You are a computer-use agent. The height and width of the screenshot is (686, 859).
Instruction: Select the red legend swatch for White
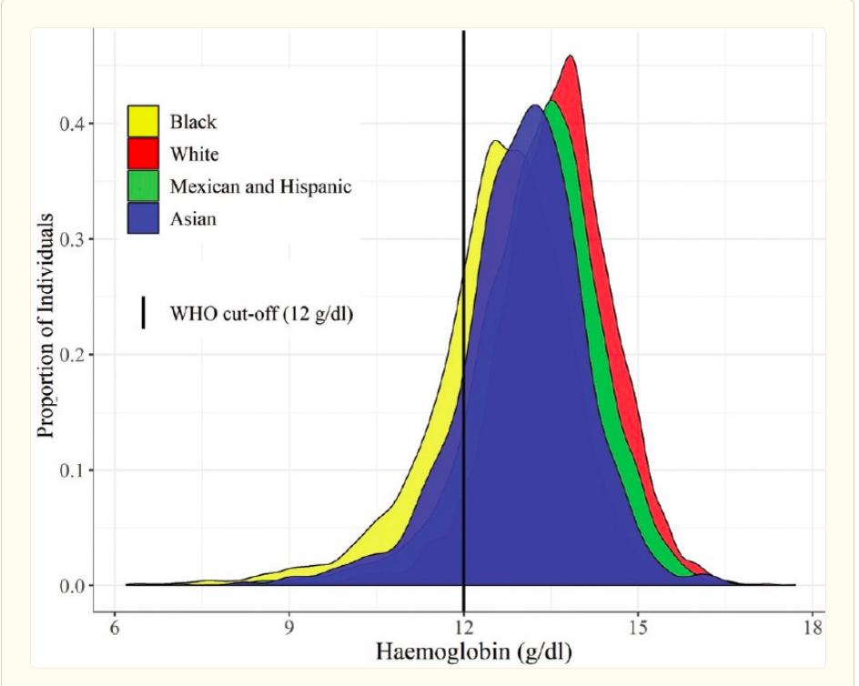143,154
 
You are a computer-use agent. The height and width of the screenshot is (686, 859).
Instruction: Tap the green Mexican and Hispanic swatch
143,187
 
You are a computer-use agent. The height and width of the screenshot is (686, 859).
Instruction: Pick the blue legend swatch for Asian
143,218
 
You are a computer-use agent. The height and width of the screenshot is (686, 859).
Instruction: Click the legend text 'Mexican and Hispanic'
260,187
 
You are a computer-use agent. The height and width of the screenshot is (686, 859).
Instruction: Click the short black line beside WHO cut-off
144,312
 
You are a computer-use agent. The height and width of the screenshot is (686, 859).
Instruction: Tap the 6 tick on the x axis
115,628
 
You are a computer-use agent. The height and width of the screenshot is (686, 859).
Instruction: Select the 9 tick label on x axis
289,628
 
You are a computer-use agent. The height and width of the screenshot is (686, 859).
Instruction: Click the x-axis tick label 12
464,628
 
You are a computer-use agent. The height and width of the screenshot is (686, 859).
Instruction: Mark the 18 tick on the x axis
813,628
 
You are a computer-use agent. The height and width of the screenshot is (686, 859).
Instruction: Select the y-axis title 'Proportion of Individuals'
46,326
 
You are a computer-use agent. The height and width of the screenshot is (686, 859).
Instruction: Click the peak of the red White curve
571,56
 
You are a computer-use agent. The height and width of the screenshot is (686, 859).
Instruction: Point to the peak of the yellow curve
494,141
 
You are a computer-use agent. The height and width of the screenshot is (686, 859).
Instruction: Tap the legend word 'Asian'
193,219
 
